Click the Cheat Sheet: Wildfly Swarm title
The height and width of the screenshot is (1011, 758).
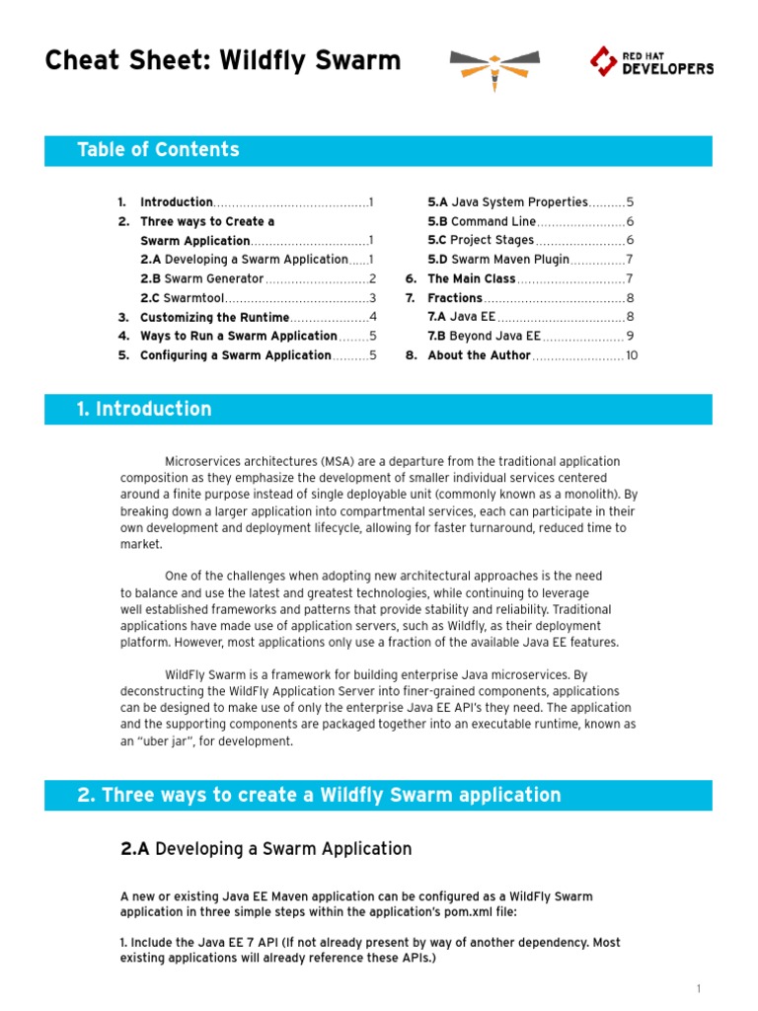coord(223,61)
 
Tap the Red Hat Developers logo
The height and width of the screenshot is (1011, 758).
coord(651,61)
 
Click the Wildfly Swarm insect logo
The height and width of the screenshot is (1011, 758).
coord(494,66)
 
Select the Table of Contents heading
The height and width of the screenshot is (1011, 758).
coord(158,150)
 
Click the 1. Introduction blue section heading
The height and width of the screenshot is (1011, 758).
coord(144,409)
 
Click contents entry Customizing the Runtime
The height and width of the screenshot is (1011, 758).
coord(214,317)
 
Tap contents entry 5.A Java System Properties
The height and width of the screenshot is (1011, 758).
coord(507,201)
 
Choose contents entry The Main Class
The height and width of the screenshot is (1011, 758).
coord(471,278)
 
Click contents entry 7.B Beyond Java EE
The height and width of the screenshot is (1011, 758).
coord(484,336)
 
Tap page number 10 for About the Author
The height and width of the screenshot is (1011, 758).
coord(632,355)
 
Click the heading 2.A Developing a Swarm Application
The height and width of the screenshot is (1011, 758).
coord(265,848)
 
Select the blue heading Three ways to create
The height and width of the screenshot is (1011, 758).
coord(319,795)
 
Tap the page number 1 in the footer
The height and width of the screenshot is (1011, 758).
coord(698,988)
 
